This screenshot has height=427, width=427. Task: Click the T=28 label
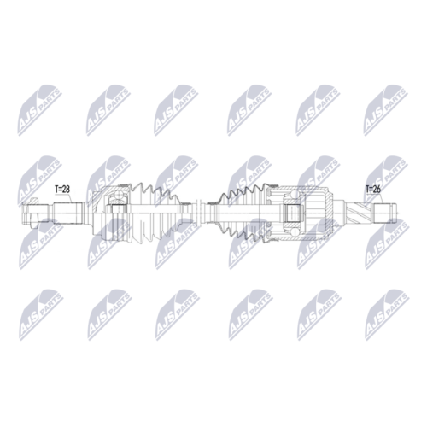[62, 189]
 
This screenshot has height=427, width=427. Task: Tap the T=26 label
[373, 189]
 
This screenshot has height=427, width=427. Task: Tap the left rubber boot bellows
[155, 213]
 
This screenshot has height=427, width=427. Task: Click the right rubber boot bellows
[242, 213]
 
